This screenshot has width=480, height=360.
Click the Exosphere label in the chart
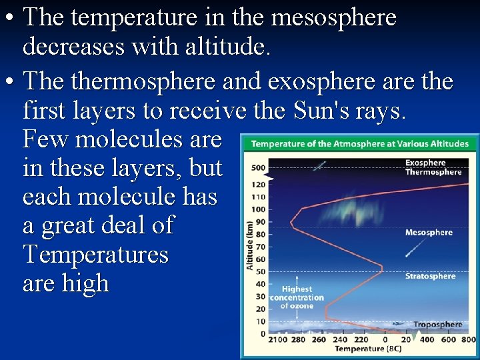point(425,163)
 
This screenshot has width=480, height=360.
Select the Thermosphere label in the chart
point(433,172)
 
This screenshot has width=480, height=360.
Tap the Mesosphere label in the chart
point(429,233)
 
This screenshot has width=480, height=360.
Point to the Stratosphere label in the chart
point(430,276)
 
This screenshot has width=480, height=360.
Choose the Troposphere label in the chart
point(437,325)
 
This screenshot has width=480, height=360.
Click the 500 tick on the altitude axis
point(259,167)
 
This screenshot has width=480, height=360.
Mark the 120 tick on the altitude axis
point(259,184)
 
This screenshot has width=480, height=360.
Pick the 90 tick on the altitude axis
point(260,221)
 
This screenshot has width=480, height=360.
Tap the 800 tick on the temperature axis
point(468,340)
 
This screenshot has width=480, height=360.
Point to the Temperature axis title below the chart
point(367,349)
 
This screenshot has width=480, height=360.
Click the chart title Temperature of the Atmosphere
point(359,144)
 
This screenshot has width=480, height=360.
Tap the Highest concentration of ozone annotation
point(297,297)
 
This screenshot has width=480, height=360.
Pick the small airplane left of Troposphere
point(399,323)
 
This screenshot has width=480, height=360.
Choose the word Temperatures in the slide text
point(95,255)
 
